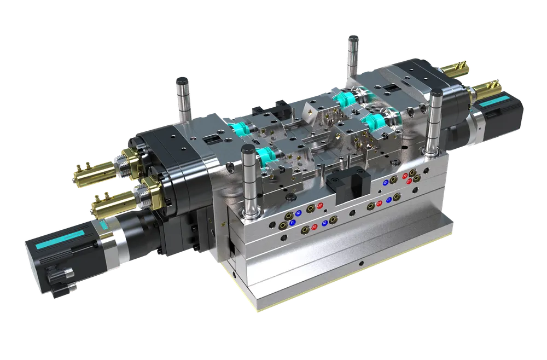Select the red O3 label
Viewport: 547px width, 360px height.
tap(405, 176)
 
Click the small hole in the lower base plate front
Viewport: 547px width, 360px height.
tap(360, 263)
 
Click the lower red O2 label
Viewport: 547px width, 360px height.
tap(313, 227)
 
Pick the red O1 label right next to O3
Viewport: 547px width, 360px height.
tap(409, 181)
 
